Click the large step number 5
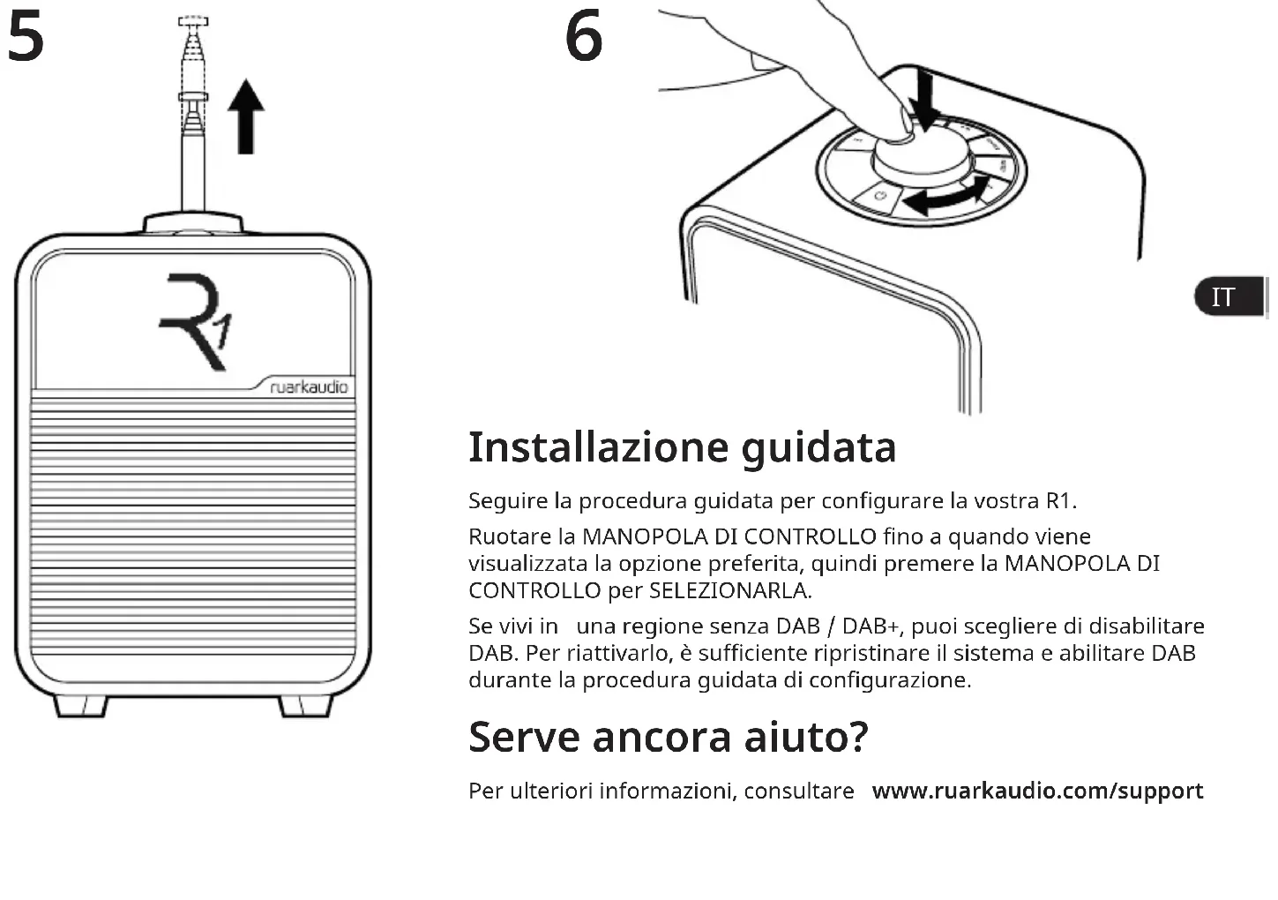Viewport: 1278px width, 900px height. [x=26, y=38]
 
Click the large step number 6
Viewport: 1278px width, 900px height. [x=584, y=38]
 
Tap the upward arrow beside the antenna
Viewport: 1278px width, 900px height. [x=246, y=116]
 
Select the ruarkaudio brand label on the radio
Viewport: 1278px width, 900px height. [x=309, y=387]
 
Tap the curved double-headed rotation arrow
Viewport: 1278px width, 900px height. [x=948, y=197]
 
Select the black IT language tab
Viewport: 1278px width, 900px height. [x=1229, y=297]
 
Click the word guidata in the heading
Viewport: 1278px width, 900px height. [x=818, y=447]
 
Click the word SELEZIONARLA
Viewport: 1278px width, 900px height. [x=729, y=590]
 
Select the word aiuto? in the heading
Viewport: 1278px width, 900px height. [x=806, y=737]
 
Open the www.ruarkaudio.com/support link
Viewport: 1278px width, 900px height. [x=1037, y=791]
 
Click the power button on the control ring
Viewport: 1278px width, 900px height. [x=879, y=195]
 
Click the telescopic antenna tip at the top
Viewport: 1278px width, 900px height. [x=193, y=22]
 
